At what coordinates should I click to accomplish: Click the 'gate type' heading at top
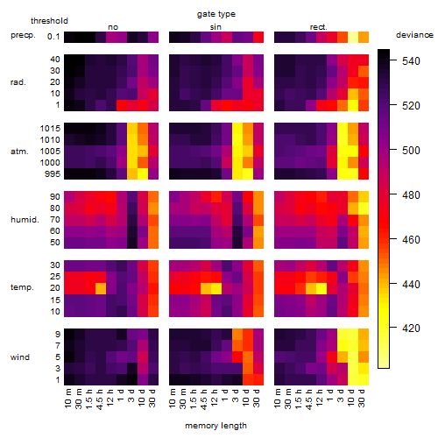(x=216, y=14)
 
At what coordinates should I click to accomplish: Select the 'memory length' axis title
(x=215, y=426)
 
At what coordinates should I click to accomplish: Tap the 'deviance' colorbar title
(x=414, y=35)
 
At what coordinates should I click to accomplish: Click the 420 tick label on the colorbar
(x=411, y=328)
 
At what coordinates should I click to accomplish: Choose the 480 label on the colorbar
(x=411, y=195)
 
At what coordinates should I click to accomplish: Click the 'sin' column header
(x=215, y=27)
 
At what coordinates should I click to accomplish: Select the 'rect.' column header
(x=318, y=27)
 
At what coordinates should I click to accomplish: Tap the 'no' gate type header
(x=113, y=27)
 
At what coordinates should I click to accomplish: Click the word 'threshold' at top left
(x=49, y=21)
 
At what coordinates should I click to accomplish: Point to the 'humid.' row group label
(x=25, y=220)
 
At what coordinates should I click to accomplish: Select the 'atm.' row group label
(x=19, y=152)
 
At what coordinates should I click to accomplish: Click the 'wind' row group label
(x=20, y=357)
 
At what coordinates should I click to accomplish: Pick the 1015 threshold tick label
(x=50, y=129)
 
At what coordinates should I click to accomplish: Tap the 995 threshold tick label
(x=53, y=174)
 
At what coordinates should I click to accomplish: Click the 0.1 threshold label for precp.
(x=53, y=37)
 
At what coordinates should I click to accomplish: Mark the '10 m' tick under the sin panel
(x=173, y=398)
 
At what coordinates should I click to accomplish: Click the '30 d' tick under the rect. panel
(x=362, y=398)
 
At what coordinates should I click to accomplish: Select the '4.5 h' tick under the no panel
(x=99, y=399)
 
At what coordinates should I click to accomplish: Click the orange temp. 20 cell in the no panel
(x=101, y=288)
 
